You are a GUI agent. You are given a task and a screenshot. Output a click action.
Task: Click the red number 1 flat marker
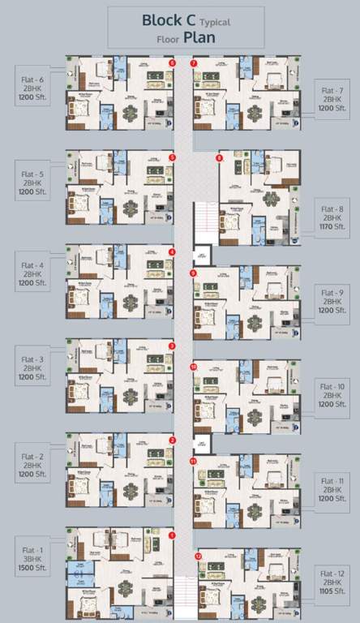pos(172,535)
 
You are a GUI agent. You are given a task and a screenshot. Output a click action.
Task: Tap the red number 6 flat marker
pos(172,62)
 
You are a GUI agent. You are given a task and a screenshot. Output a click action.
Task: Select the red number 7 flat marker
pos(194,62)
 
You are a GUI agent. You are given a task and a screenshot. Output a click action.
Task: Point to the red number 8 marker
pos(219,157)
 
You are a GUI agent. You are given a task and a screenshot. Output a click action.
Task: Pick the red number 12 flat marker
pos(199,557)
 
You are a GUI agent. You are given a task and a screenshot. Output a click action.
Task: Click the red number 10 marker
pos(194,367)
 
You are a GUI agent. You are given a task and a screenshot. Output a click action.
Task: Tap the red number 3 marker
pos(172,346)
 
